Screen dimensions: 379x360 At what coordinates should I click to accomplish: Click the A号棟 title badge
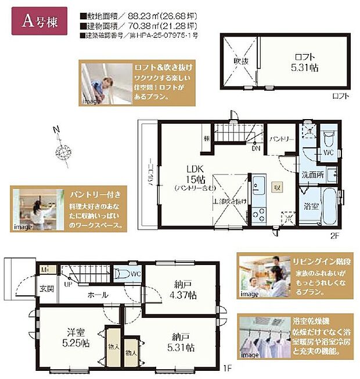38,22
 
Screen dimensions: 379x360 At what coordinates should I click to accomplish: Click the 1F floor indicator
229,367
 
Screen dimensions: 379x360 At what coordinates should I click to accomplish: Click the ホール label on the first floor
98,295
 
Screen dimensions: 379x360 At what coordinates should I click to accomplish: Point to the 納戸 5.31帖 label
182,341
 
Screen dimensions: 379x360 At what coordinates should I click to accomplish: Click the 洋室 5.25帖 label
76,337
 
